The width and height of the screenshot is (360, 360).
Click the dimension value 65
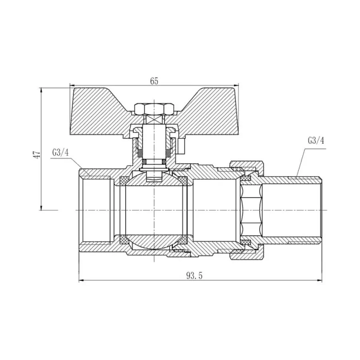click(x=154, y=80)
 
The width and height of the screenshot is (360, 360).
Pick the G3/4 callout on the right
click(x=316, y=140)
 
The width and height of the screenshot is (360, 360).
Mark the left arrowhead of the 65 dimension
click(x=72, y=85)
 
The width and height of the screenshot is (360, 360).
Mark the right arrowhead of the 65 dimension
click(x=236, y=85)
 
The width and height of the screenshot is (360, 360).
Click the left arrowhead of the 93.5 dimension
click(x=81, y=280)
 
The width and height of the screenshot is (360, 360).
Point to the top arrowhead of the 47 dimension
click(x=41, y=90)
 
